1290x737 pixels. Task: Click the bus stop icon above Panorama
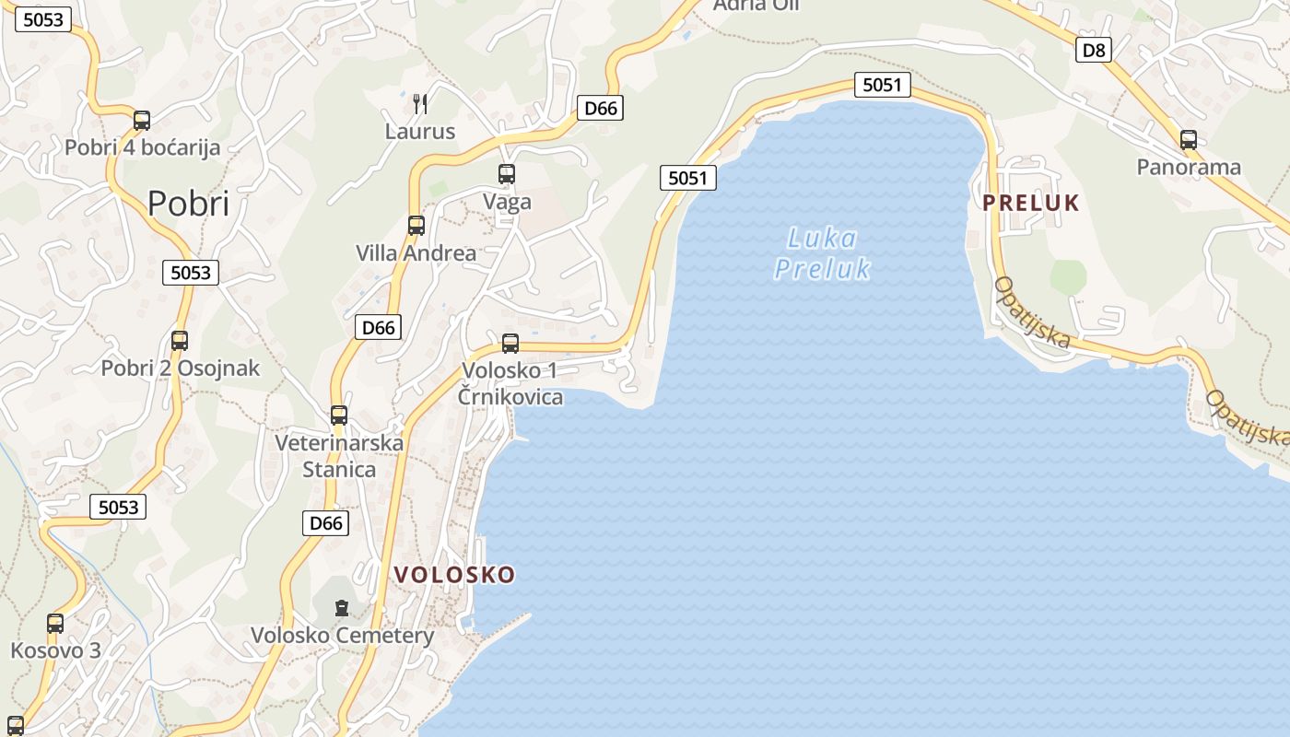pyautogui.click(x=1189, y=140)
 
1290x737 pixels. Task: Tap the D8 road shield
pyautogui.click(x=1093, y=50)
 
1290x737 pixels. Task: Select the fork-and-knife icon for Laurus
pyautogui.click(x=420, y=103)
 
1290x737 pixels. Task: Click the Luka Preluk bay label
pyautogui.click(x=822, y=253)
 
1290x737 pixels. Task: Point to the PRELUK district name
pyautogui.click(x=1030, y=204)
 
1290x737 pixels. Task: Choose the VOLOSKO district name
pyautogui.click(x=454, y=575)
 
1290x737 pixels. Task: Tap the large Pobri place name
pyautogui.click(x=188, y=203)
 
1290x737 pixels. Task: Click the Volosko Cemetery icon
pyautogui.click(x=342, y=608)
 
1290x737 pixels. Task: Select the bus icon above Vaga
pyautogui.click(x=506, y=173)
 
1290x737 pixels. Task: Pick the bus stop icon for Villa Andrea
pyautogui.click(x=416, y=225)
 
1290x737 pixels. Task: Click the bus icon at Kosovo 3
pyautogui.click(x=55, y=624)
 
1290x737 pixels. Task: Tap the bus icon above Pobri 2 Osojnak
pyautogui.click(x=180, y=341)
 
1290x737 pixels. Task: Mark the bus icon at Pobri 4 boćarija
pyautogui.click(x=142, y=120)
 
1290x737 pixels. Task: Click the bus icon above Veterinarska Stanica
pyautogui.click(x=339, y=415)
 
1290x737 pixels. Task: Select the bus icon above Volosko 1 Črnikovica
pyautogui.click(x=510, y=344)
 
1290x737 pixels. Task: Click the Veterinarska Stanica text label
pyautogui.click(x=339, y=456)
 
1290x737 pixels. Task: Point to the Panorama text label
pyautogui.click(x=1189, y=167)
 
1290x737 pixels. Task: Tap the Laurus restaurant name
pyautogui.click(x=420, y=132)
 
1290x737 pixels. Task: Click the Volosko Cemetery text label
pyautogui.click(x=342, y=636)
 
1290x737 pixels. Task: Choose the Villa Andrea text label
pyautogui.click(x=416, y=252)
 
